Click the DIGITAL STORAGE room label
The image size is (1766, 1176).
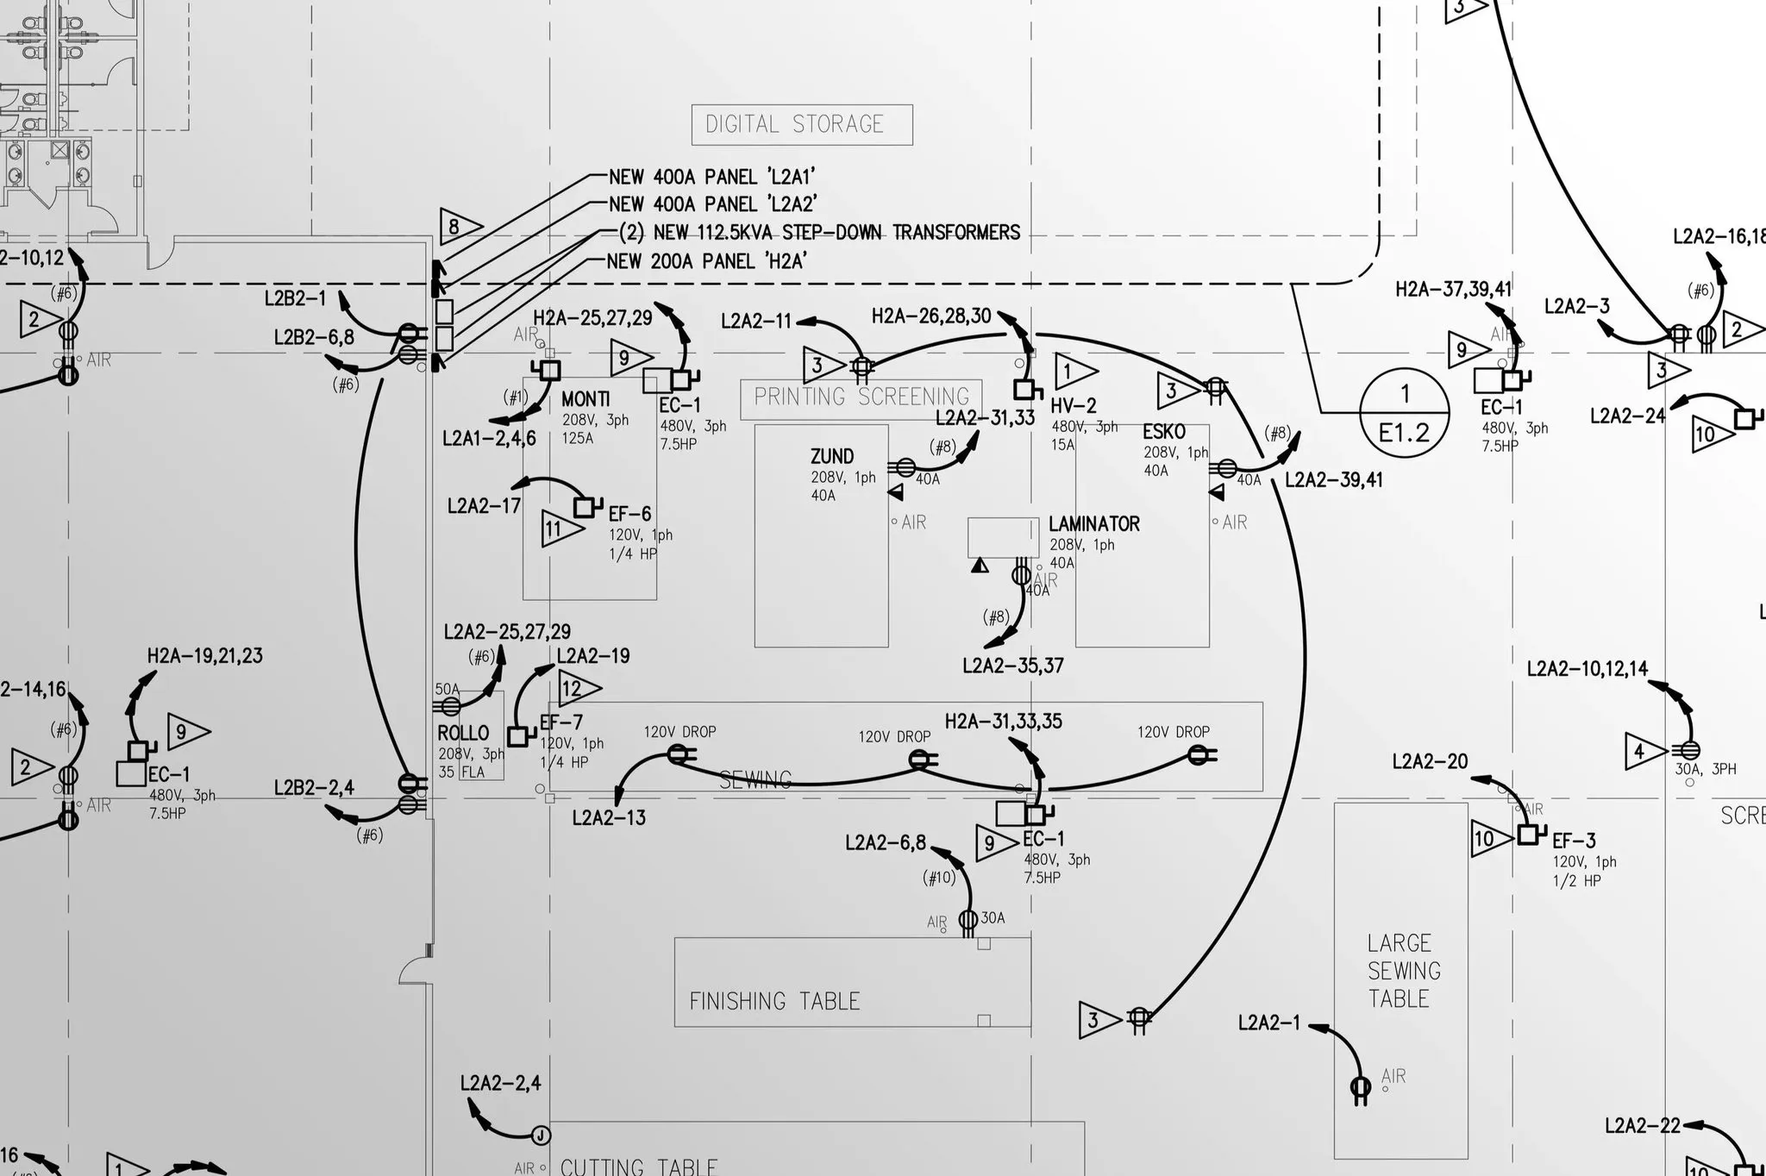point(801,125)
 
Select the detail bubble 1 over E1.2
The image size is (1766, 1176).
point(1404,413)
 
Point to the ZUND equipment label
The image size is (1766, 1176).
point(832,457)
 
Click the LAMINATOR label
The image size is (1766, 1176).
point(1093,524)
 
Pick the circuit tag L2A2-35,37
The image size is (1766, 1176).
point(1012,666)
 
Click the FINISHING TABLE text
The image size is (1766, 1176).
point(774,1001)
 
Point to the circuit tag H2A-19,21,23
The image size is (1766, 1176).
point(204,656)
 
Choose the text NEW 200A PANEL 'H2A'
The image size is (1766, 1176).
point(705,261)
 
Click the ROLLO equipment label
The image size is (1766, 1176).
point(463,734)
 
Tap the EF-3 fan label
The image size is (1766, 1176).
point(1574,841)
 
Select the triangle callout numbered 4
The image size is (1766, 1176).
point(1642,751)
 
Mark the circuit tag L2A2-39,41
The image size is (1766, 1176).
point(1333,480)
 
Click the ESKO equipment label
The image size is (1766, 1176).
point(1164,432)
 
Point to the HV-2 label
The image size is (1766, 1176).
point(1073,406)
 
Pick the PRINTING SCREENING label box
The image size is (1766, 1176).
point(861,397)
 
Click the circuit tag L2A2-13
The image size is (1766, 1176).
point(609,817)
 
